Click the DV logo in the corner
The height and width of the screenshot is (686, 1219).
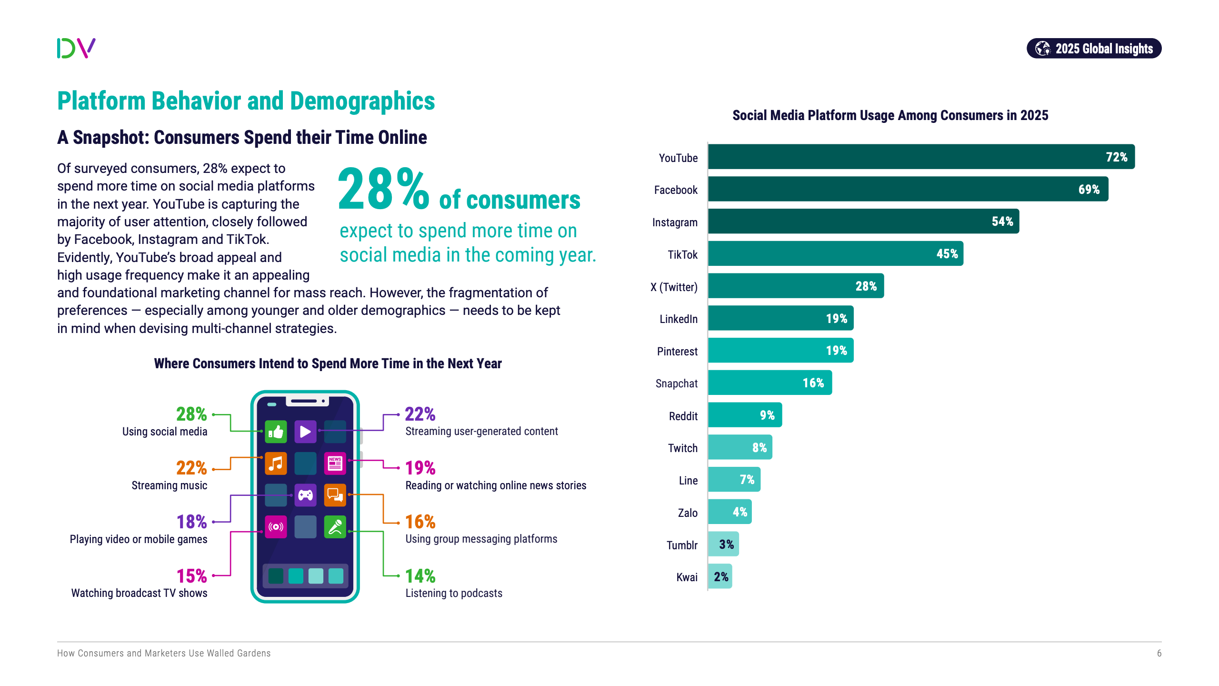pos(76,48)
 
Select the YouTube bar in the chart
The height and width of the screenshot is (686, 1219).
pos(920,157)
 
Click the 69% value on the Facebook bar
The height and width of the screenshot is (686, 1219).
pos(1089,190)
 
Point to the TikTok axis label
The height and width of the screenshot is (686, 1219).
pos(682,255)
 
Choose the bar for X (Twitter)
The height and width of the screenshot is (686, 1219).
pos(795,286)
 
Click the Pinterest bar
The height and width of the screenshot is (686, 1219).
pos(780,351)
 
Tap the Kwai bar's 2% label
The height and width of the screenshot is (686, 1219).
pos(721,577)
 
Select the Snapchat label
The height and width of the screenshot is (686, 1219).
pos(676,383)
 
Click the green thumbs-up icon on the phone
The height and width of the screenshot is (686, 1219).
pos(276,432)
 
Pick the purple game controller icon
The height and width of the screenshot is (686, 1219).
pos(305,495)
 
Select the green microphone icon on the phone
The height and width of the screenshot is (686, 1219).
pos(335,527)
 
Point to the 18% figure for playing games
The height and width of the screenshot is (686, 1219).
pos(191,522)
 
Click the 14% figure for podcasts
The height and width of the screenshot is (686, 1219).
pos(420,576)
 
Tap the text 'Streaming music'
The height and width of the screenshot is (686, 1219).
pos(169,485)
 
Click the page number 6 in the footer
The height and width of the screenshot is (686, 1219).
pos(1159,653)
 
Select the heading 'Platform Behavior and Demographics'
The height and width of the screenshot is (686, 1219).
pos(246,101)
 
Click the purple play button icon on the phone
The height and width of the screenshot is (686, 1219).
pos(305,432)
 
